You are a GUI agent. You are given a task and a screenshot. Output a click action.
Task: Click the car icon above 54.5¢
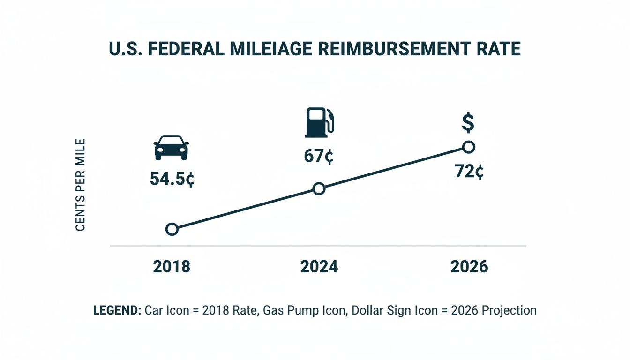coord(171,148)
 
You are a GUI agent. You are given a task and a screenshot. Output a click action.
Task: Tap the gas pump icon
coord(320,122)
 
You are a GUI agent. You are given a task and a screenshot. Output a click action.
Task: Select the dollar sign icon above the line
coord(468,123)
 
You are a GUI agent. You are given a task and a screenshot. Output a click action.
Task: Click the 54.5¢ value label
coord(172,179)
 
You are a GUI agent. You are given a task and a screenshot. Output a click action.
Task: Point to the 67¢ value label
coord(318,157)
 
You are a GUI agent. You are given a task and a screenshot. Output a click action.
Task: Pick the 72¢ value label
coord(469,172)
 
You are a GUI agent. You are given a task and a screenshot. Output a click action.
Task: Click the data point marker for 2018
coord(172,229)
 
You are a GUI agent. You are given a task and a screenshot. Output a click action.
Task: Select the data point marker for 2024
coord(319,189)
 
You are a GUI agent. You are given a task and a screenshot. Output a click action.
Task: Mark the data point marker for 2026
coord(468,147)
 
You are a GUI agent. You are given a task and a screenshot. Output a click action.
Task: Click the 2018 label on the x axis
coord(172,267)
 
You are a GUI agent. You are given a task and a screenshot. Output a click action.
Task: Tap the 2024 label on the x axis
coord(319,267)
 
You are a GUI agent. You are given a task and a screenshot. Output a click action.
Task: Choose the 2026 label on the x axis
coord(469,267)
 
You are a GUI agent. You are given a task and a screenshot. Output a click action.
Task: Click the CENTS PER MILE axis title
coord(80,185)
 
